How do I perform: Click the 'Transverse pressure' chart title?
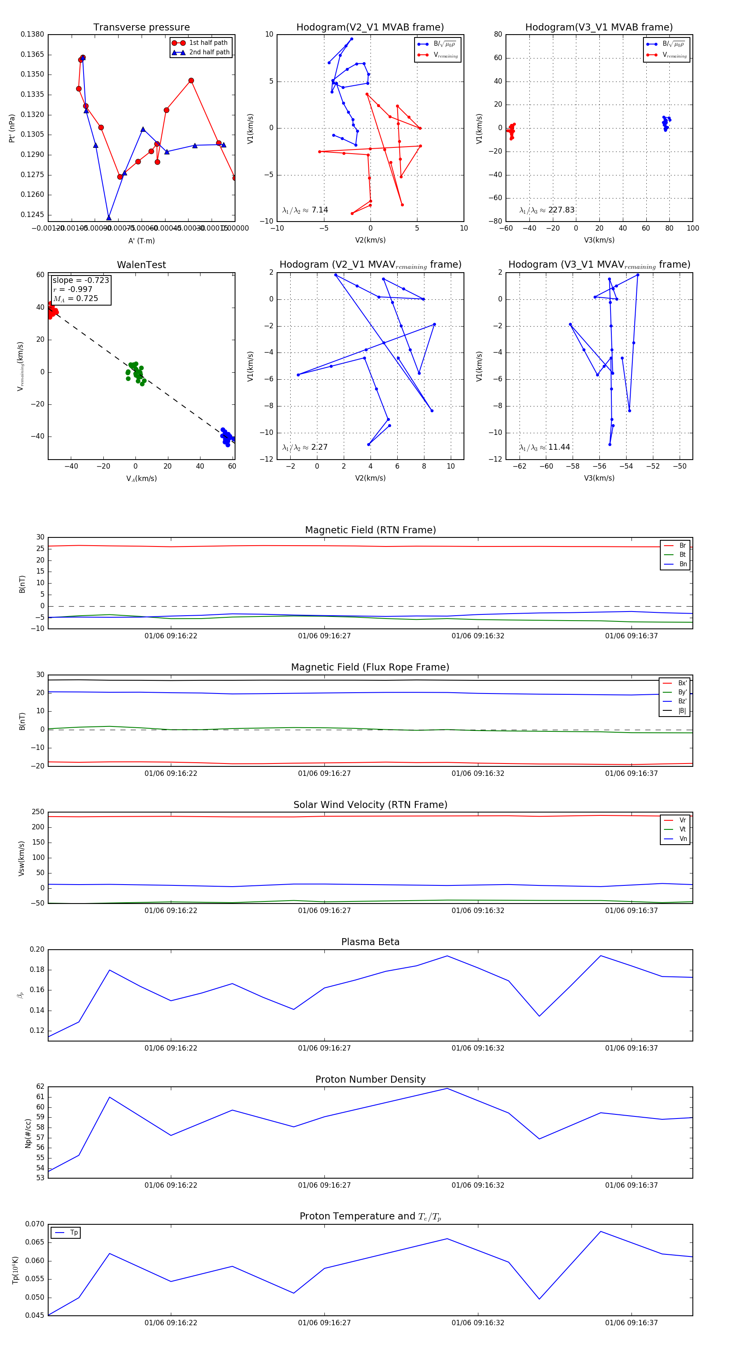pos(141,28)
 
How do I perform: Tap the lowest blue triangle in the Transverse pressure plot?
pos(109,217)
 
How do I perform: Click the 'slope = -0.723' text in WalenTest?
pos(81,280)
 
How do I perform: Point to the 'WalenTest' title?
pos(141,265)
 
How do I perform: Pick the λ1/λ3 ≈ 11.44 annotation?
pos(544,447)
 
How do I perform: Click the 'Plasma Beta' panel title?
pos(370,942)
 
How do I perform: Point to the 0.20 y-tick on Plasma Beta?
pos(37,950)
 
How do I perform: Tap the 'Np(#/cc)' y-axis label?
pos(28,1132)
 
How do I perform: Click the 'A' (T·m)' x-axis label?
pos(141,241)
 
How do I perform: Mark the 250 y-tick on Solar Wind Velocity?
pos(38,812)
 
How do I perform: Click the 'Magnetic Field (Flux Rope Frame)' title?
pos(370,668)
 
